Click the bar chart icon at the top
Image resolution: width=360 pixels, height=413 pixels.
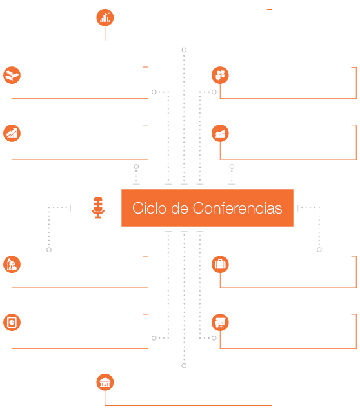click(x=105, y=17)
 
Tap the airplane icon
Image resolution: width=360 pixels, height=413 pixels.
click(x=12, y=76)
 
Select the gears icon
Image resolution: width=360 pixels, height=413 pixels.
click(x=220, y=76)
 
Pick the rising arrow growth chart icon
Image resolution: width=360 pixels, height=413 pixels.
click(x=12, y=134)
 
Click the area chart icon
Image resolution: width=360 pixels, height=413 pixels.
click(x=220, y=134)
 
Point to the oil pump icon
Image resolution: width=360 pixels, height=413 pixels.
click(x=12, y=265)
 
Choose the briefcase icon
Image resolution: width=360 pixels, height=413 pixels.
click(x=220, y=265)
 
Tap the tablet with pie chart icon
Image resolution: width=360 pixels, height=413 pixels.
click(x=12, y=323)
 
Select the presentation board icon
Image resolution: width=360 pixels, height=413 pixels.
click(x=220, y=323)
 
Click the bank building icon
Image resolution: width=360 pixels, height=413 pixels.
click(x=105, y=382)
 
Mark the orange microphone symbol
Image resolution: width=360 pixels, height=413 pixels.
click(x=98, y=208)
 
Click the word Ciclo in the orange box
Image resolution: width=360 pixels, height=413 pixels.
click(x=149, y=208)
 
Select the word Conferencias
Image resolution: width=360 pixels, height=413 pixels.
click(x=237, y=208)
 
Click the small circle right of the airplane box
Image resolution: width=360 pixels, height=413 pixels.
click(x=154, y=92)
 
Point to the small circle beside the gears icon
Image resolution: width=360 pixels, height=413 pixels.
click(x=214, y=92)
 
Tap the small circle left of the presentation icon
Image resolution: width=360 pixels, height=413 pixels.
click(x=214, y=338)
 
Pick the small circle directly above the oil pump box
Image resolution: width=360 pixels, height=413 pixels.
click(x=49, y=250)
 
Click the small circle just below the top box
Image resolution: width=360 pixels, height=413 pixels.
click(x=184, y=50)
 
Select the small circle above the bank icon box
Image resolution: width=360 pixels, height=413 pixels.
click(x=184, y=366)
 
